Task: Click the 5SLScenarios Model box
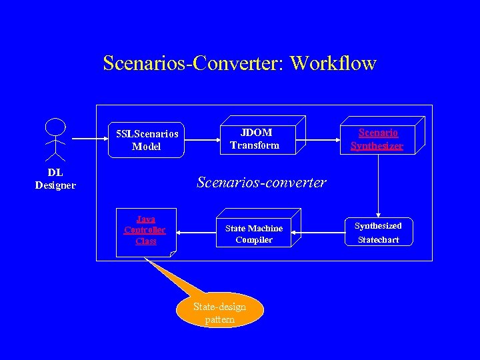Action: tap(147, 139)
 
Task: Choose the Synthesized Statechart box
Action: tap(377, 233)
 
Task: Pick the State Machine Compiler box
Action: tap(254, 233)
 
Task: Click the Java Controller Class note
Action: tap(146, 231)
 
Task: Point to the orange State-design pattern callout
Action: tap(220, 312)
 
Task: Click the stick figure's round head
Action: tap(55, 127)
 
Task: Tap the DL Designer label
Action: tap(55, 179)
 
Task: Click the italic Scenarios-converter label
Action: tap(261, 182)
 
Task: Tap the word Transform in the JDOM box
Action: tap(255, 145)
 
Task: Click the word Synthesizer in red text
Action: tap(377, 146)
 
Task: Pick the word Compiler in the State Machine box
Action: tap(254, 240)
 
